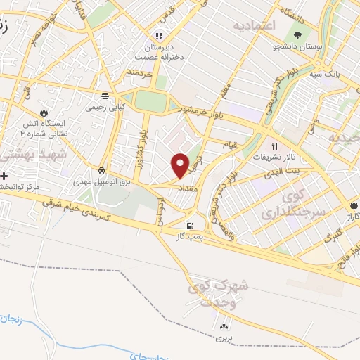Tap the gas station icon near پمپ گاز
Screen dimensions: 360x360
tap(190, 226)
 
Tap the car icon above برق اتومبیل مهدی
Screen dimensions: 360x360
tap(102, 170)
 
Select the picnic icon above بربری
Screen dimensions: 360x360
tap(224, 326)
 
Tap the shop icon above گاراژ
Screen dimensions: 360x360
tap(354, 205)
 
